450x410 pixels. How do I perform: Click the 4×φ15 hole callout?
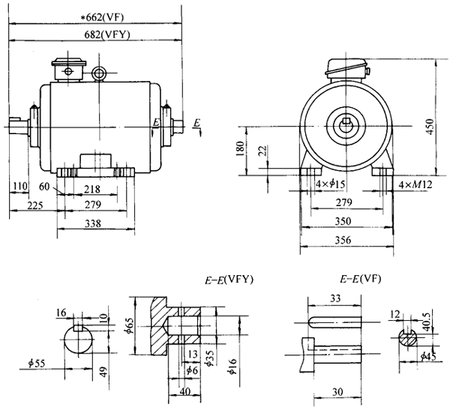click(330, 184)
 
